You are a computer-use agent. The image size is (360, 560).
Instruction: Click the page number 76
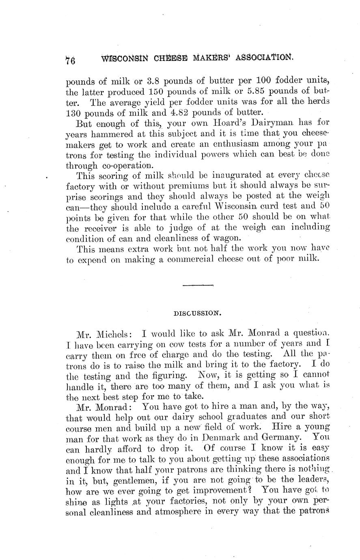pyautogui.click(x=71, y=60)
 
